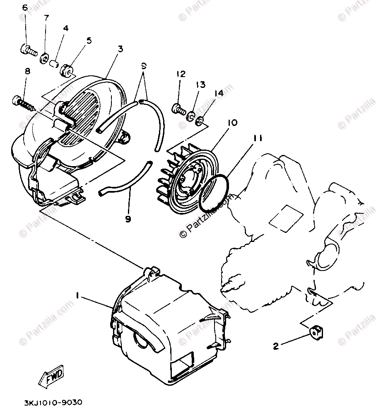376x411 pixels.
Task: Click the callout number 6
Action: point(25,8)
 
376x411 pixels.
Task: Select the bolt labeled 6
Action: point(28,52)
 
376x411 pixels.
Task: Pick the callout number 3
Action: point(120,49)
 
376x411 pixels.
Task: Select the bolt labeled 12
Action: point(179,109)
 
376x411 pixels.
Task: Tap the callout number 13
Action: point(200,85)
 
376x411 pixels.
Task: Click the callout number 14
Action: point(219,93)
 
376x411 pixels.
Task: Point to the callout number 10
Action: point(232,123)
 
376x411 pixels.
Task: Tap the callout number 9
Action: point(128,219)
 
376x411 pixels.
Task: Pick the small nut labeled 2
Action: point(316,331)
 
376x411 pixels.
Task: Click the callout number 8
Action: point(28,71)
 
